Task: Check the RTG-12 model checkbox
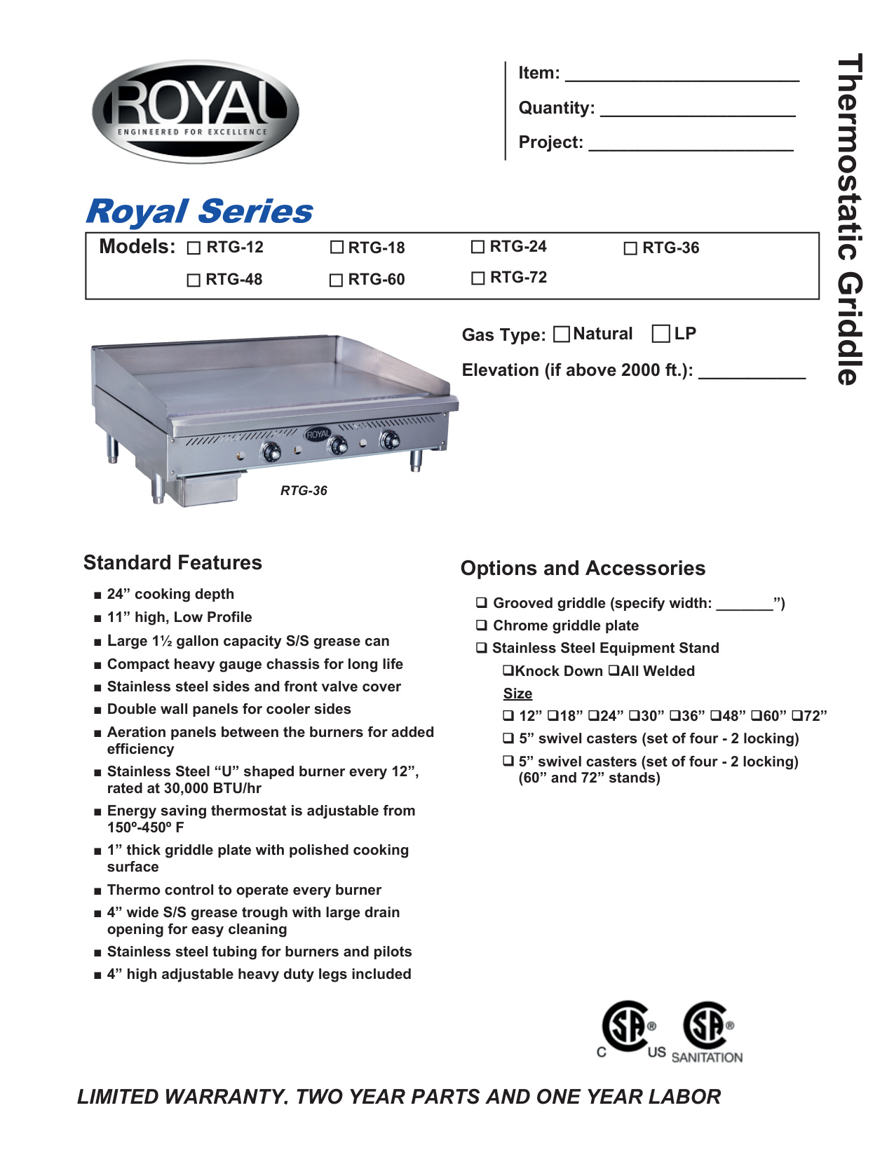(194, 248)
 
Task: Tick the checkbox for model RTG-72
(478, 278)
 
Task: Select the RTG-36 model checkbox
(630, 248)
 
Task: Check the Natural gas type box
(562, 334)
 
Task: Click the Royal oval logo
(196, 111)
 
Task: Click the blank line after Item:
(682, 76)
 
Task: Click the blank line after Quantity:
(698, 111)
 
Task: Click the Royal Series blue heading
(199, 211)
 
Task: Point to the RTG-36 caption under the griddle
(304, 491)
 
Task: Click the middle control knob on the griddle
(338, 445)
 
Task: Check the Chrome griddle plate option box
(482, 625)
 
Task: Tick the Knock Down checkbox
(508, 670)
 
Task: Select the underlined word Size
(517, 693)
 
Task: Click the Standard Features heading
(172, 562)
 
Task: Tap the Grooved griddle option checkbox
(482, 602)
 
